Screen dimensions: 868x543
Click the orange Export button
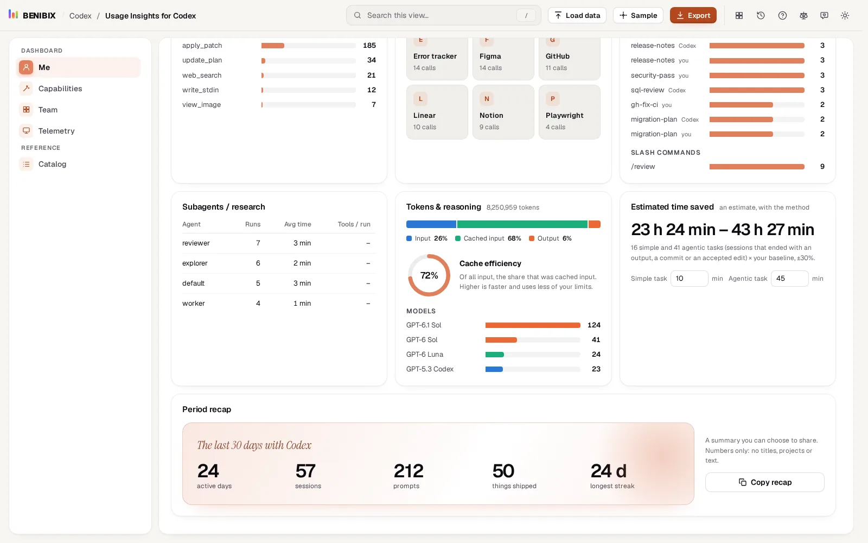point(693,16)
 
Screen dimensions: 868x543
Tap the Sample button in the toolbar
point(638,16)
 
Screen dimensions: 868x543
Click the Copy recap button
point(764,482)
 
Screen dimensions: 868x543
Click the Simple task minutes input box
point(689,279)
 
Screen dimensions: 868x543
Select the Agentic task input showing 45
point(789,279)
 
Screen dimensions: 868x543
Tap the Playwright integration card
point(569,112)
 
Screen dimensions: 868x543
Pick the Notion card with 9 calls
point(503,112)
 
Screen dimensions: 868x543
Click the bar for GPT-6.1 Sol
point(533,325)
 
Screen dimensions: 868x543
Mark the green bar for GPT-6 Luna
point(494,355)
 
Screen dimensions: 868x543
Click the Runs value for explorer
point(258,263)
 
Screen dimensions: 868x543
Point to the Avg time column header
point(298,224)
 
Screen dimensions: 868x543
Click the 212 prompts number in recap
point(409,471)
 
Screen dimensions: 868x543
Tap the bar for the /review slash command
point(757,167)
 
